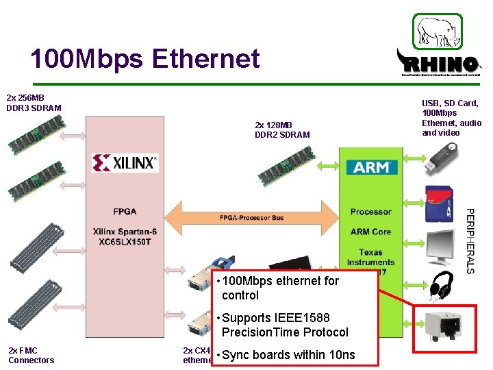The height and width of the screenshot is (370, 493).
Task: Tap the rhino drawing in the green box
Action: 437,32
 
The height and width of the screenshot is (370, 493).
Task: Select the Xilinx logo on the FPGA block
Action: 125,162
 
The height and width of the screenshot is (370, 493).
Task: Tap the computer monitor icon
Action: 438,244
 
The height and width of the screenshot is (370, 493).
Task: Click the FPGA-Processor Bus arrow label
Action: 251,218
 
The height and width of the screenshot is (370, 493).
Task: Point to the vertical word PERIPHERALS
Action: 470,241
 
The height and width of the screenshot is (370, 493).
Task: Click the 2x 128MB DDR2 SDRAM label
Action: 282,129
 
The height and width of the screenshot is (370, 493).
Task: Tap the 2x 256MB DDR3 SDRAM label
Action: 34,103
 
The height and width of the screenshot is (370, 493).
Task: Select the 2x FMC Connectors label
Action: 31,355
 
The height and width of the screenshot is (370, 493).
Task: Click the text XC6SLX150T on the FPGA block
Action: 125,243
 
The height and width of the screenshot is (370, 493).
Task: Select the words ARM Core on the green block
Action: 370,232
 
